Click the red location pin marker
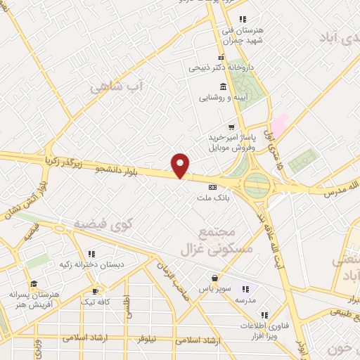point(181,165)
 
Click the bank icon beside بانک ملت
point(212,187)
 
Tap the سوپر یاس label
point(213,289)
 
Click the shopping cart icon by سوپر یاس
point(214,278)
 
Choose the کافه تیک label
point(96,301)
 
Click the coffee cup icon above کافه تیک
point(96,290)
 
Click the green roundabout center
point(257,186)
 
